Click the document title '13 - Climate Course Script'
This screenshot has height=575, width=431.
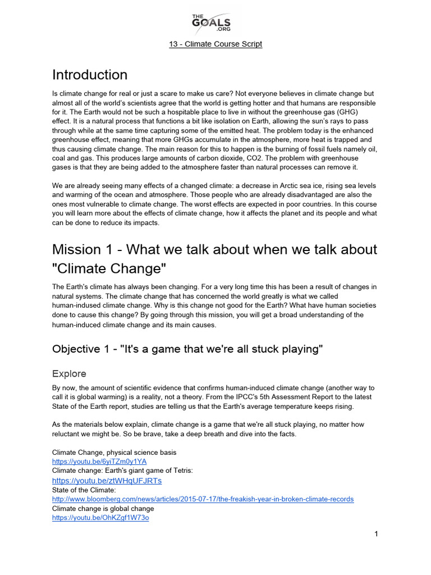pyautogui.click(x=215, y=44)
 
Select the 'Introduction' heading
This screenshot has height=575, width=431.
pyautogui.click(x=90, y=75)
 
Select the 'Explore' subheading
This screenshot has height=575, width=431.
pyautogui.click(x=69, y=373)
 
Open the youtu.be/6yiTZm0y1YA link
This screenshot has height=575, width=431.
pyautogui.click(x=99, y=461)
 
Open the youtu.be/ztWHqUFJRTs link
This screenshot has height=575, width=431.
pyautogui.click(x=107, y=481)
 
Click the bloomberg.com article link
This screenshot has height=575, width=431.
pyautogui.click(x=203, y=499)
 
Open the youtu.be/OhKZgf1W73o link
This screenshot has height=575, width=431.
pyautogui.click(x=100, y=518)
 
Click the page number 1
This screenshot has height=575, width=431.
pyautogui.click(x=376, y=533)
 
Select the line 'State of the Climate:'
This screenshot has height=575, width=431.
pyautogui.click(x=84, y=490)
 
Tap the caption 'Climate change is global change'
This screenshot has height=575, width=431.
pyautogui.click(x=103, y=509)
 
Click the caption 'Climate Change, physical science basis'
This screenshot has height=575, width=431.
pyautogui.click(x=114, y=452)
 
